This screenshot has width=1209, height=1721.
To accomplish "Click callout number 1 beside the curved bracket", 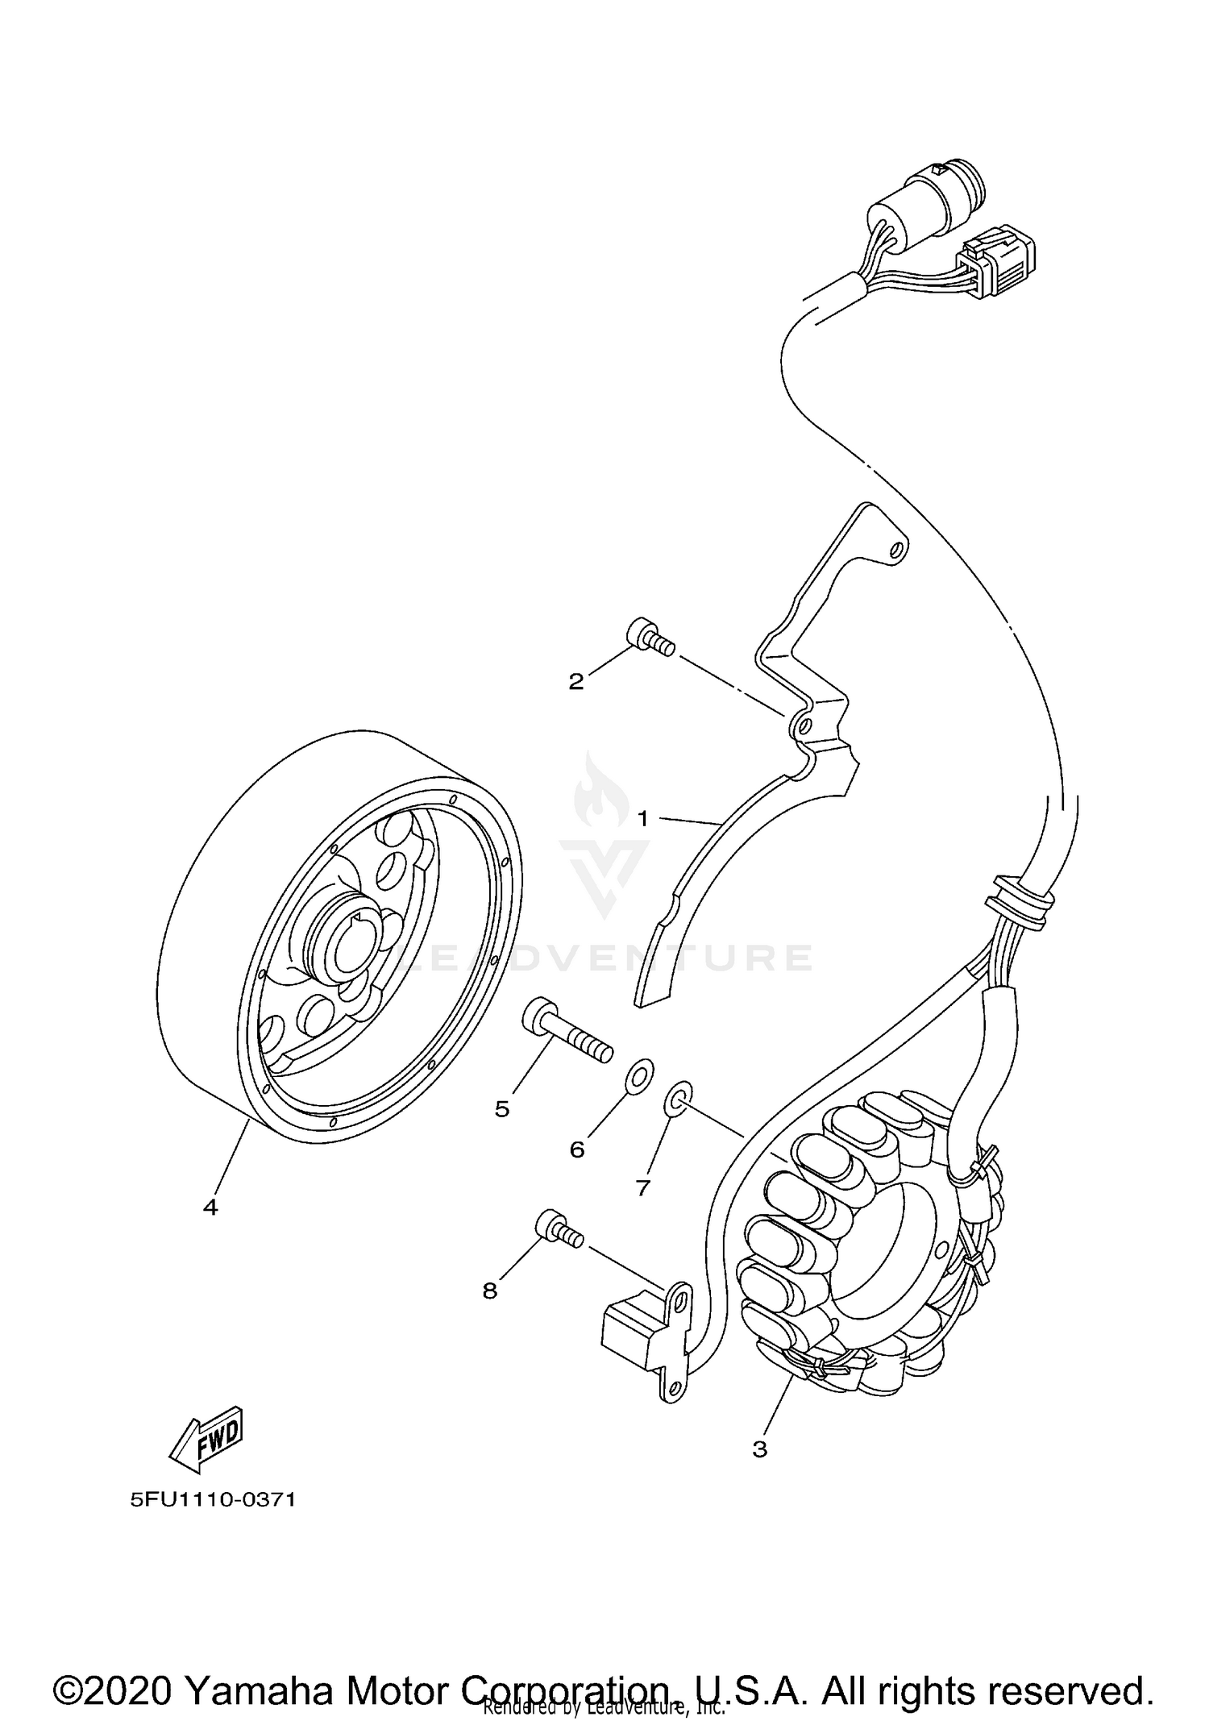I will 642,819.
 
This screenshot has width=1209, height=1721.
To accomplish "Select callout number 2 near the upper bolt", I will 575,682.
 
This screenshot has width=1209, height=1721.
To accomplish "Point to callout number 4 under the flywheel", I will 210,1230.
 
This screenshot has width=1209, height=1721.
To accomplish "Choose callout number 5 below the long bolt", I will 502,1109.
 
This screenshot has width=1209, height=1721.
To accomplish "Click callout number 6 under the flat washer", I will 577,1149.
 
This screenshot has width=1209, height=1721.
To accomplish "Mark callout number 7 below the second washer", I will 642,1187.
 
